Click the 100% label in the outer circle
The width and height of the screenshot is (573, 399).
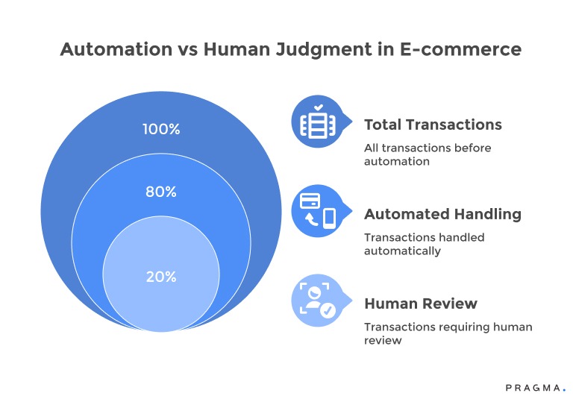point(161,129)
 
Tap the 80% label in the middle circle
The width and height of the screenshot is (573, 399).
point(161,192)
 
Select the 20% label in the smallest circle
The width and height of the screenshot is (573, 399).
point(161,277)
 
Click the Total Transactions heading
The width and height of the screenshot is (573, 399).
point(433,125)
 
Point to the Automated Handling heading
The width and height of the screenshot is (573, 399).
point(442,214)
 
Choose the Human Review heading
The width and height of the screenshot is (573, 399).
point(421,304)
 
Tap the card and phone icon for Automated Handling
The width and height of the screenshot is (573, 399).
point(316,210)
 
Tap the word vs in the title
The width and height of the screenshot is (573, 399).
point(186,50)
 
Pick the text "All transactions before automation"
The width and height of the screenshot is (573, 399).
point(428,154)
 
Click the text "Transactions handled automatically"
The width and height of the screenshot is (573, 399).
point(424,244)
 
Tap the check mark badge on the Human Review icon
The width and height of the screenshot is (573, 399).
point(327,310)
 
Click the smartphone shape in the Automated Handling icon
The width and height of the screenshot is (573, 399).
point(329,219)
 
